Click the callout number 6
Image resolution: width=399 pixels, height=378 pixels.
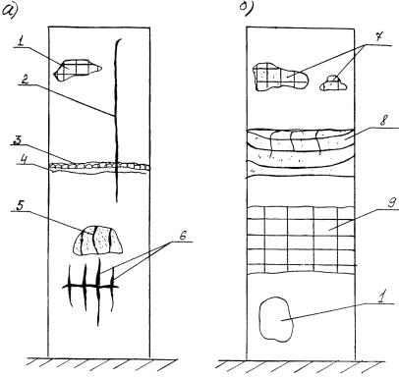point(183,236)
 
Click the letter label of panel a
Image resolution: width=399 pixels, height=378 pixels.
point(9,10)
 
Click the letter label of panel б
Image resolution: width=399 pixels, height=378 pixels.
point(246,8)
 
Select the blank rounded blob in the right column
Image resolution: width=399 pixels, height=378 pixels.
point(275,320)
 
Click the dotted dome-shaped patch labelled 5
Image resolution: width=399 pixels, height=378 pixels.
point(97,241)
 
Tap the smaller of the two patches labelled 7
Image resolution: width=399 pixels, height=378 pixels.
point(333,83)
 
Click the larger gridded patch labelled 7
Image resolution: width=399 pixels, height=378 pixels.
point(280,77)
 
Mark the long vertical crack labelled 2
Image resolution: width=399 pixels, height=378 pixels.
point(116,120)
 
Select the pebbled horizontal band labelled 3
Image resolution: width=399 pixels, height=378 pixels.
point(100,166)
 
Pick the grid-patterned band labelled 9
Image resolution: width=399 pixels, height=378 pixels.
point(301,240)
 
